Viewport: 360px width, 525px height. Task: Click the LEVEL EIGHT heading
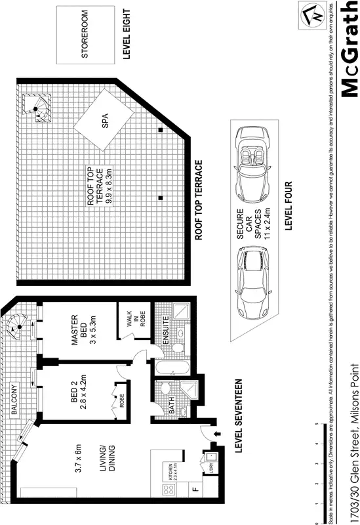pos(127,35)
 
